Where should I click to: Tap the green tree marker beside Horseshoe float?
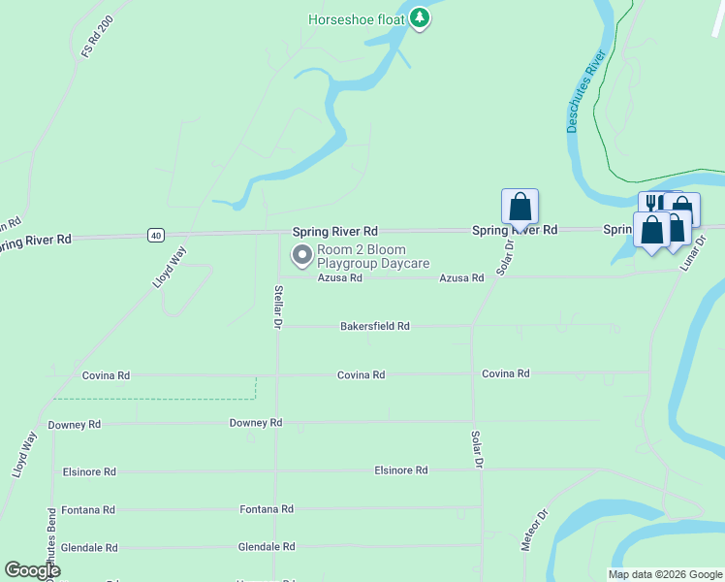[x=420, y=17]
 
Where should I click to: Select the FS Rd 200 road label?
[x=98, y=35]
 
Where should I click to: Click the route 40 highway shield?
[x=155, y=235]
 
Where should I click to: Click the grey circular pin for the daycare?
[x=302, y=256]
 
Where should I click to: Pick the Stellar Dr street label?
[x=278, y=305]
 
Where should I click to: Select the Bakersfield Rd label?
[x=375, y=327]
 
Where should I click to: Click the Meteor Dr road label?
[x=534, y=530]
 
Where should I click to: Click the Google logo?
[x=32, y=570]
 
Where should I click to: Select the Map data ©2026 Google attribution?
[x=664, y=574]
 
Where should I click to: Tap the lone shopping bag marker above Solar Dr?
[x=520, y=206]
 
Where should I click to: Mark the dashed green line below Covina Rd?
[x=155, y=398]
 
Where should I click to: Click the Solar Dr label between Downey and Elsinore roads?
[x=476, y=450]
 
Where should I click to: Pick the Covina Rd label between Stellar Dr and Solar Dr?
[x=362, y=375]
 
